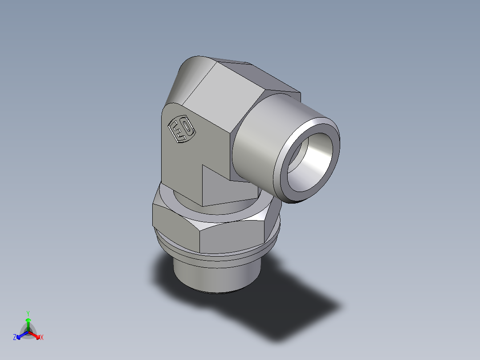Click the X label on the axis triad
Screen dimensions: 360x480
[x=42, y=338]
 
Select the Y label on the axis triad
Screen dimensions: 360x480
[x=28, y=313]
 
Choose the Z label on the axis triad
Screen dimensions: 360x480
[x=15, y=338]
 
